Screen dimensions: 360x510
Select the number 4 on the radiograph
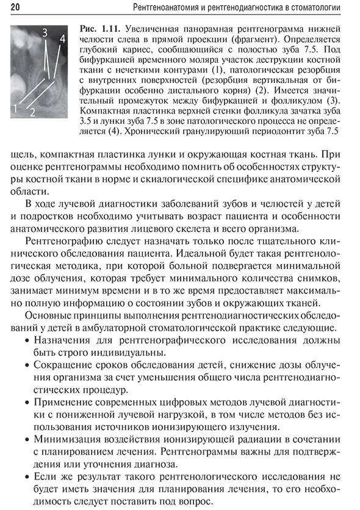click(62, 38)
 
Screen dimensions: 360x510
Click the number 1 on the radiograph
click(16, 109)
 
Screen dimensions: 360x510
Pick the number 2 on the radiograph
click(32, 112)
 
